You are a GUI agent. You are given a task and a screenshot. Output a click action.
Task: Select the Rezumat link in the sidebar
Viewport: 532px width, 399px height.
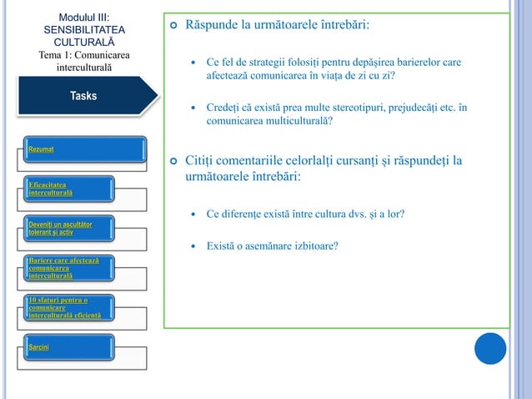pos(41,149)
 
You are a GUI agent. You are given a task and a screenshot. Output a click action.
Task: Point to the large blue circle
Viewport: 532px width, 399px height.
pos(490,349)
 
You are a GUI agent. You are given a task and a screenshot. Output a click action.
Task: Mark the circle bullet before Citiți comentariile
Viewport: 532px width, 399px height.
pos(173,161)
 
